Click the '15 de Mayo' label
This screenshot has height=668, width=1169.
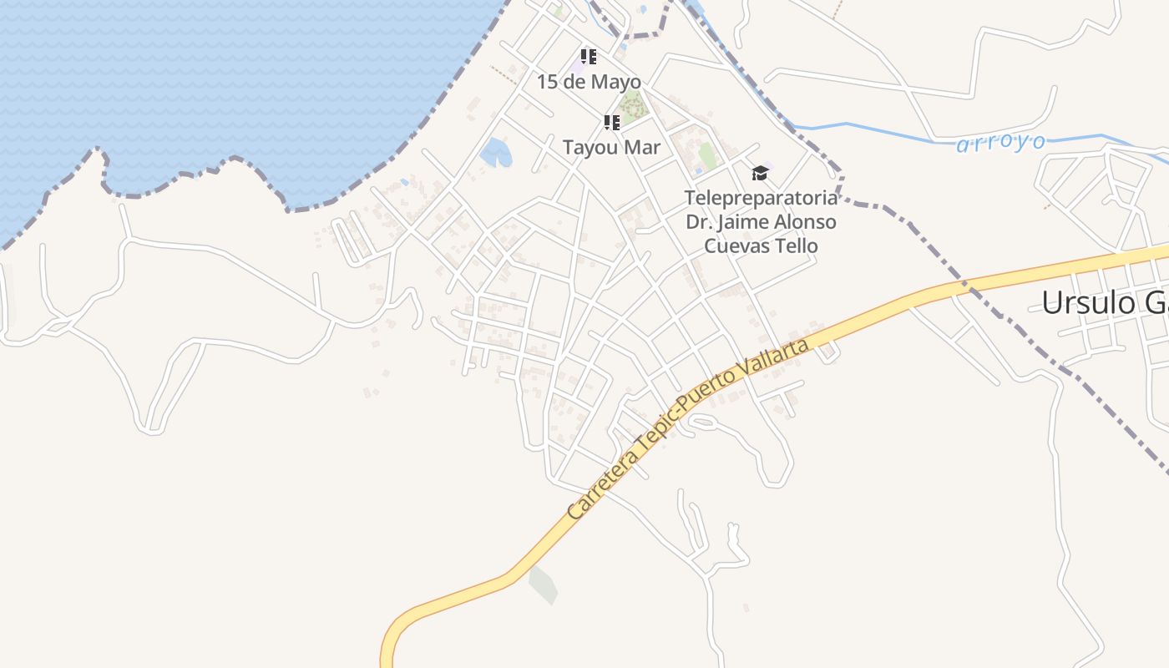coord(589,82)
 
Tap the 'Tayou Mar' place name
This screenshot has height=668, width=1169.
coord(611,148)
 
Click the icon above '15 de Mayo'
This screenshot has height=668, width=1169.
coord(589,57)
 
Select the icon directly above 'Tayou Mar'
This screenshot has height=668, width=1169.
coord(611,123)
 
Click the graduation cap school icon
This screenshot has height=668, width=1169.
coord(759,173)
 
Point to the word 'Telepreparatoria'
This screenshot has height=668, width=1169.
coord(760,199)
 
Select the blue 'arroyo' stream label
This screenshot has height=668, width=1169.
coord(1000,143)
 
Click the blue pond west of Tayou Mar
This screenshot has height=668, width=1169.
coord(495,153)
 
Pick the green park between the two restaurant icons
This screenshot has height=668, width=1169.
coord(632,107)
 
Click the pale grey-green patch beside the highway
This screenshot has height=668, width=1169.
coord(543,584)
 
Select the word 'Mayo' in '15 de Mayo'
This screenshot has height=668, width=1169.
coord(615,82)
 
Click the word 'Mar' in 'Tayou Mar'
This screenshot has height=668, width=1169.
coord(643,148)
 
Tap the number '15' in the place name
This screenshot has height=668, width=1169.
coord(547,82)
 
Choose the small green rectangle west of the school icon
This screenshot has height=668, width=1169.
coord(708,155)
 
